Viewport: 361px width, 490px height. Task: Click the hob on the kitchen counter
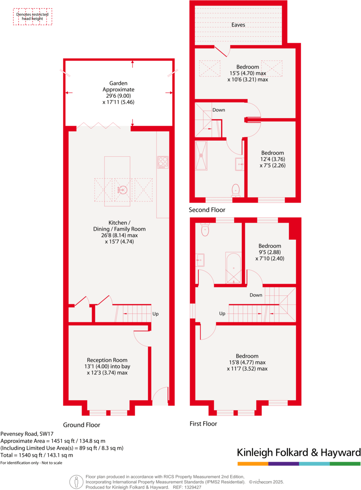pos(163,162)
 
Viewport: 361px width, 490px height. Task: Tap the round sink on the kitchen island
pos(122,190)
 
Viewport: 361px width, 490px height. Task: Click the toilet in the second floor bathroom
pos(236,190)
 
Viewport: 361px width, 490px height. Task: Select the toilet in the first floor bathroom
pos(205,230)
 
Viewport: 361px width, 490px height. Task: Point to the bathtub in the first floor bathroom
pos(233,267)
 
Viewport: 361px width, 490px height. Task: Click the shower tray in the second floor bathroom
pos(201,155)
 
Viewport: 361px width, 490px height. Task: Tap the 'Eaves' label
pos(238,25)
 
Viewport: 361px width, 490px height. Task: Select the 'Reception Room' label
pos(107,360)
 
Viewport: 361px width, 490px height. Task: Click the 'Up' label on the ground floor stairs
pos(155,314)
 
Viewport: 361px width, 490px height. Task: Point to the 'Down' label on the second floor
pos(218,110)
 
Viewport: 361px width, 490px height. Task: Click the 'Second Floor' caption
pos(207,210)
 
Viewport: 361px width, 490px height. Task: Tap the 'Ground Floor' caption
pos(81,425)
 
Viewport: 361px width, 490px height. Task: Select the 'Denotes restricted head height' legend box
pos(33,17)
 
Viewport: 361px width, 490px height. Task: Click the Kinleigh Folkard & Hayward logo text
pos(299,452)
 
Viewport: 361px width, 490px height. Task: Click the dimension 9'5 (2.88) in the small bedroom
pos(269,252)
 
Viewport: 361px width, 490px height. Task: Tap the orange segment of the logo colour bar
pos(253,464)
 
